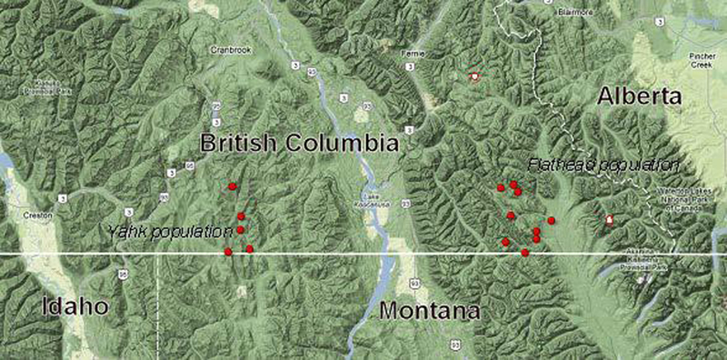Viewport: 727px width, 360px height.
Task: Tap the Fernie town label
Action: [413, 55]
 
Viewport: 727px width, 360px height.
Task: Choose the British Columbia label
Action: [299, 143]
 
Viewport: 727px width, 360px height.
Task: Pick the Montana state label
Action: [429, 311]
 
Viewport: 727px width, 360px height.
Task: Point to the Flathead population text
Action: [603, 165]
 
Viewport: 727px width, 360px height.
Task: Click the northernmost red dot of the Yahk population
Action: [232, 186]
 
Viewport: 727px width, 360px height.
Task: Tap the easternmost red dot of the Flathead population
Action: [551, 221]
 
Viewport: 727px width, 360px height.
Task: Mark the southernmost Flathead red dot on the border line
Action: [525, 252]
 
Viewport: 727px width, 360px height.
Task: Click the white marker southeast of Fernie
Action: [473, 78]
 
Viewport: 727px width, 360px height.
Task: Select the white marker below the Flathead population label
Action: [610, 219]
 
